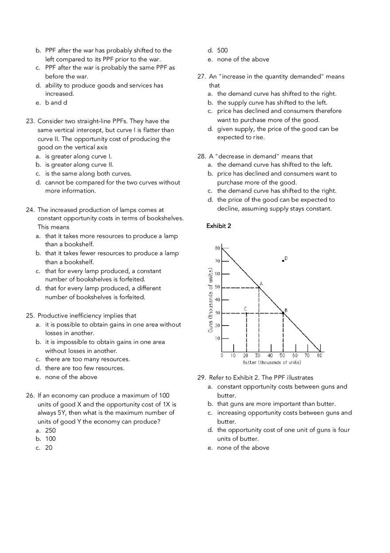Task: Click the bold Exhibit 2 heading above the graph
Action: click(218, 226)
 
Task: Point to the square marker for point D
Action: click(283, 260)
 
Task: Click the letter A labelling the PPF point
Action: click(261, 283)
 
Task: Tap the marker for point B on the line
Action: click(283, 313)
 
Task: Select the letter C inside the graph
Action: click(245, 308)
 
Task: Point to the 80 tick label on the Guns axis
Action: click(217, 248)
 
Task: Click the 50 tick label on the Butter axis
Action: click(282, 356)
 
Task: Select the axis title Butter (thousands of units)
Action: click(272, 363)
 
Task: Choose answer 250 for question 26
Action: click(50, 430)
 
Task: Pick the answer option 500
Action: click(222, 51)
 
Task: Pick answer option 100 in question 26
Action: click(50, 439)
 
